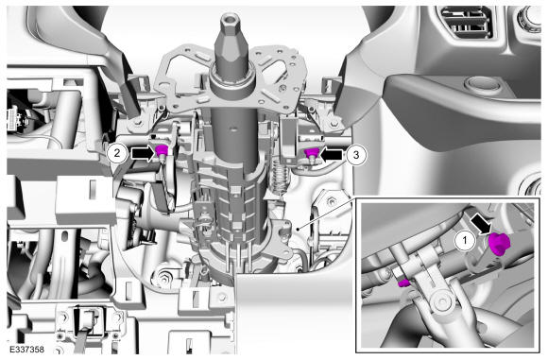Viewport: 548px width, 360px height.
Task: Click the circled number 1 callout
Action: (x=465, y=241)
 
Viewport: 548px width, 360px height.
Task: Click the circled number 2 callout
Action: (x=117, y=153)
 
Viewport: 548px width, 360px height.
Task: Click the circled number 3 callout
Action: (x=356, y=155)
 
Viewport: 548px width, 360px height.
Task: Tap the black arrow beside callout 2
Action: (x=143, y=153)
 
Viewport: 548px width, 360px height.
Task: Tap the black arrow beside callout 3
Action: (x=332, y=155)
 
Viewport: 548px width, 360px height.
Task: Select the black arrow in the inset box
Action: (x=482, y=224)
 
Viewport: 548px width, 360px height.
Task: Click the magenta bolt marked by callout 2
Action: (x=162, y=151)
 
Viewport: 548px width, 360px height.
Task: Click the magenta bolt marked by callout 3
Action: (x=312, y=153)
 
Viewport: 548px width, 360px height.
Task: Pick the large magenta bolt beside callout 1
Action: (x=499, y=243)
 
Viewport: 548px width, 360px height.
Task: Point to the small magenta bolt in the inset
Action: (x=403, y=283)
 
